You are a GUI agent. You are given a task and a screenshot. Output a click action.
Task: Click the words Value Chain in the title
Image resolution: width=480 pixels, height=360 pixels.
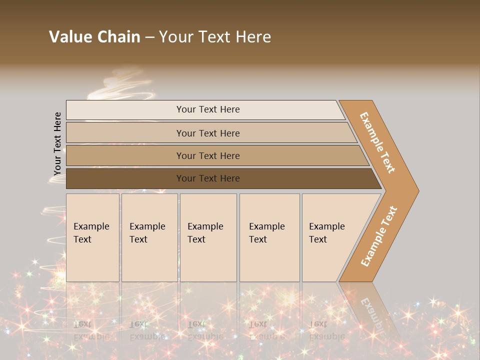pos(94,37)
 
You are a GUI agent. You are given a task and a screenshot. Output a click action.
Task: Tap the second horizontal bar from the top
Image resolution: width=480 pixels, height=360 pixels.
pos(208,133)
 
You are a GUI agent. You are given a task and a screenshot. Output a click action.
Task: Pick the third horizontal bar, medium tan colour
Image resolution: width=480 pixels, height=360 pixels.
pos(208,155)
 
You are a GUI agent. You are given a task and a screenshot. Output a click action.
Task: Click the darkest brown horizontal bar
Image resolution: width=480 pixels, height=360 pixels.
pos(208,178)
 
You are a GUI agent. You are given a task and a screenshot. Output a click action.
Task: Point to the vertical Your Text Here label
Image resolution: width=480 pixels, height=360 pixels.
pos(57,144)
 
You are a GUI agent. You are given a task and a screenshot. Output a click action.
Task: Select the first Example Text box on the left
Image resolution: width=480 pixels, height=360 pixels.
pos(92,237)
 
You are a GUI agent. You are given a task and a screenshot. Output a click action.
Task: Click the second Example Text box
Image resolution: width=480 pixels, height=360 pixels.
pos(149,237)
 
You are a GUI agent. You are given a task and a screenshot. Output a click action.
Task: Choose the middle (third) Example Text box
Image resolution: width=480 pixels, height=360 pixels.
pos(208,237)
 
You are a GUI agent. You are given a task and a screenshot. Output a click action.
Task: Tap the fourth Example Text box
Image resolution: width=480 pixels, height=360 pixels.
pos(269,237)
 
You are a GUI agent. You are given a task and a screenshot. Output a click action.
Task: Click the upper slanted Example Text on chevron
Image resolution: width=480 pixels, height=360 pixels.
pos(377,142)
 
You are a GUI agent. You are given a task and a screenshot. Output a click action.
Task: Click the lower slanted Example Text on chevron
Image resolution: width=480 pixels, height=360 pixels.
pos(379,236)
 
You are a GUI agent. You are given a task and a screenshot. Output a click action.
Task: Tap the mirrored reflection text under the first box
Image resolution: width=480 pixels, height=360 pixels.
pos(91,330)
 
